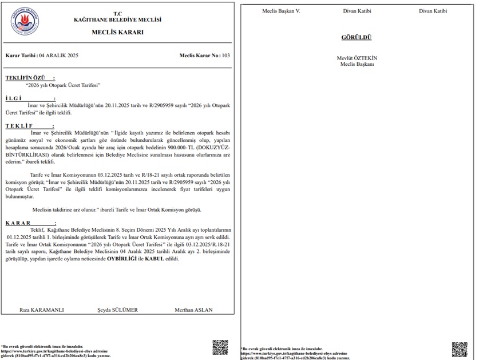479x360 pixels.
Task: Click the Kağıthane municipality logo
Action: (x=25, y=22)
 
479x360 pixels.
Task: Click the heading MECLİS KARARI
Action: (x=117, y=33)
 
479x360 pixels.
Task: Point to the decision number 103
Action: (x=225, y=56)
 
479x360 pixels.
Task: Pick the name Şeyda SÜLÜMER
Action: (x=117, y=310)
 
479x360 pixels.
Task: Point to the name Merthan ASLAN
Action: (x=193, y=310)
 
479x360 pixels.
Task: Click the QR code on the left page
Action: (x=220, y=347)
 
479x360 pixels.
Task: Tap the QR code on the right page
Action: (x=459, y=349)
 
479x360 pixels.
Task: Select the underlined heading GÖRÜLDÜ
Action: (x=357, y=38)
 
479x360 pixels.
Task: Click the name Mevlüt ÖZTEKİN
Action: (x=357, y=58)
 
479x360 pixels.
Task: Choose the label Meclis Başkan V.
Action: (x=281, y=11)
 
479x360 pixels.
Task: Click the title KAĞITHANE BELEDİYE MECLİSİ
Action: (x=118, y=19)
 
